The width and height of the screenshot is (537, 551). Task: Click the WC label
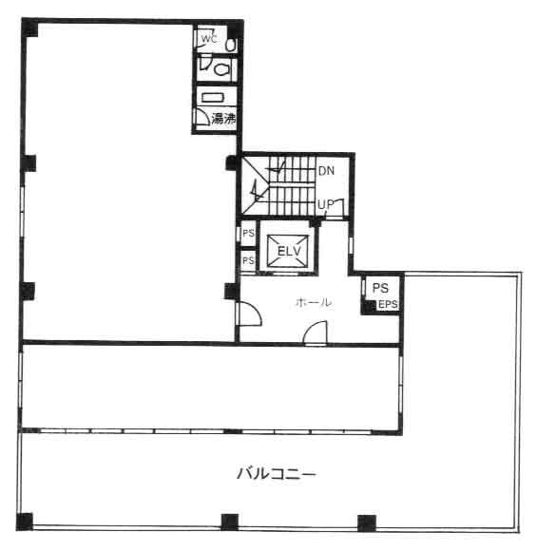click(208, 38)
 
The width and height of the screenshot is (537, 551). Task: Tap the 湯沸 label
click(223, 119)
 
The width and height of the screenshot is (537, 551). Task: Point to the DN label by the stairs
click(326, 171)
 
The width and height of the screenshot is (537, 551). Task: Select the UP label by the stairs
click(325, 204)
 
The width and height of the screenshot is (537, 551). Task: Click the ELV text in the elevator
click(289, 251)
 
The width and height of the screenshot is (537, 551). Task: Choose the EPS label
click(388, 304)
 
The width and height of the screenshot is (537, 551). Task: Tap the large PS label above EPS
click(380, 288)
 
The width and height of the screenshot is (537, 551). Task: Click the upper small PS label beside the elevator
click(248, 233)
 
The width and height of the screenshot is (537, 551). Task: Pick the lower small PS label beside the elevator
click(248, 260)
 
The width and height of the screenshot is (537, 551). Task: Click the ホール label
click(314, 302)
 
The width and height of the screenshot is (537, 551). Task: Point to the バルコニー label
click(277, 474)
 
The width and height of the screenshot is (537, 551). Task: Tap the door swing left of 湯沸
click(202, 117)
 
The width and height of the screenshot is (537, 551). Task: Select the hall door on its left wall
click(250, 313)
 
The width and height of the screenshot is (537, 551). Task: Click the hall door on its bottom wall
click(316, 332)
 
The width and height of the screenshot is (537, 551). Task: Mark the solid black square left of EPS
click(369, 307)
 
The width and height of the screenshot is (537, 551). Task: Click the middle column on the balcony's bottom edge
click(229, 522)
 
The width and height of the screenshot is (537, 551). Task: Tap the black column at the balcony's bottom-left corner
click(25, 522)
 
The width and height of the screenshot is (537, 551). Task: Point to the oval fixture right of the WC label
click(230, 45)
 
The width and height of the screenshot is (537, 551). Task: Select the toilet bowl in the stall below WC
click(221, 69)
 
